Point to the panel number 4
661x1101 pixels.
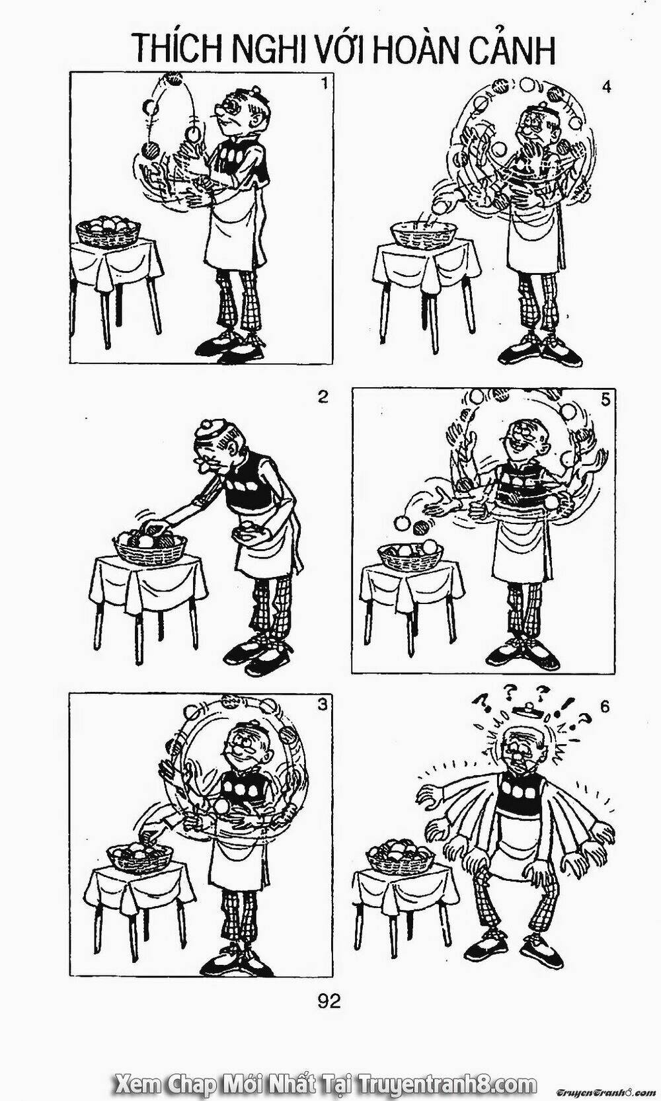(x=606, y=87)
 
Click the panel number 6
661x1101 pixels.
(x=604, y=707)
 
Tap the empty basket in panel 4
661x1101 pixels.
(x=424, y=235)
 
